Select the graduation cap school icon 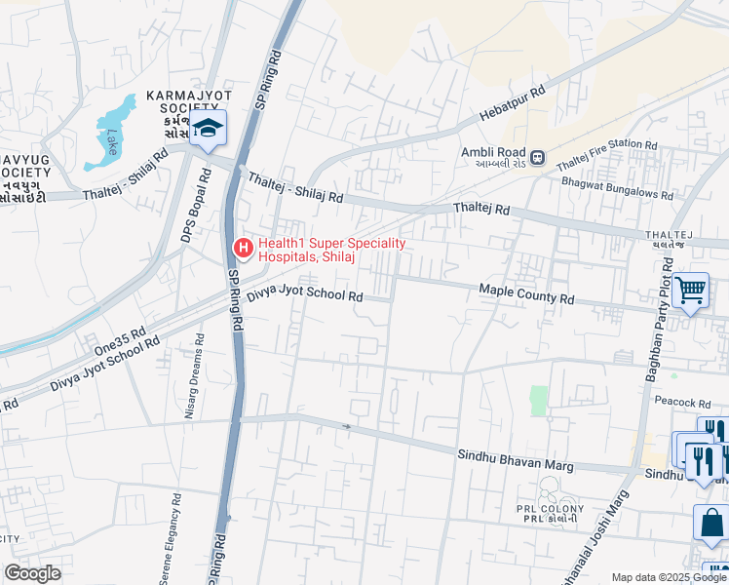click(208, 130)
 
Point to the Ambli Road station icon click(536, 154)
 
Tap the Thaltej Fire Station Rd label click(606, 156)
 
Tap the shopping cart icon click(690, 290)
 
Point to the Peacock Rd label click(683, 402)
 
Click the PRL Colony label click(552, 514)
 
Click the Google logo click(33, 572)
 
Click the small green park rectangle click(539, 400)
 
